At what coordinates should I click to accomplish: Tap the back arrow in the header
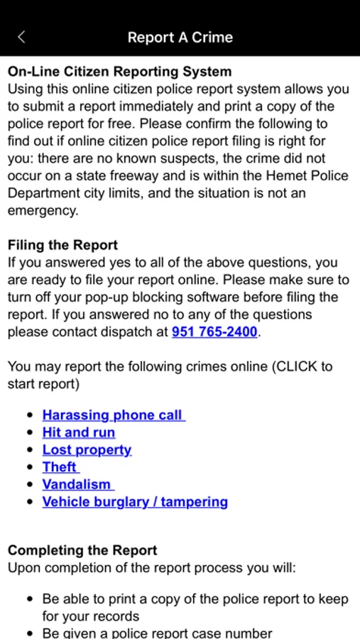[21, 37]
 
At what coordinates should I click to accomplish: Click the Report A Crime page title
[180, 37]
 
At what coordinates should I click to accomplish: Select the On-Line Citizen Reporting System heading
[119, 72]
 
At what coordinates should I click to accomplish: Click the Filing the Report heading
[62, 245]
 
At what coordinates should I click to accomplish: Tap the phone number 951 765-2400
[214, 332]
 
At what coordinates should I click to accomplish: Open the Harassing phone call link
[113, 415]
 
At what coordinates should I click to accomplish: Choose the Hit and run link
[78, 432]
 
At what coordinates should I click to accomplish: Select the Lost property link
[87, 450]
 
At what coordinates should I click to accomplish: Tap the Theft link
[60, 467]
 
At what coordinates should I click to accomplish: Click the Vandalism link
[77, 484]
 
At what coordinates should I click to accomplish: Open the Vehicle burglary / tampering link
[135, 502]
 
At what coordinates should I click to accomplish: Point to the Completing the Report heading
[82, 550]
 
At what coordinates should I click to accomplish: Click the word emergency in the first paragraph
[41, 211]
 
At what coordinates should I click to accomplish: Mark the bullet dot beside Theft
[29, 467]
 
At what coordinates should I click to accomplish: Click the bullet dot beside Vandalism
[29, 484]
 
